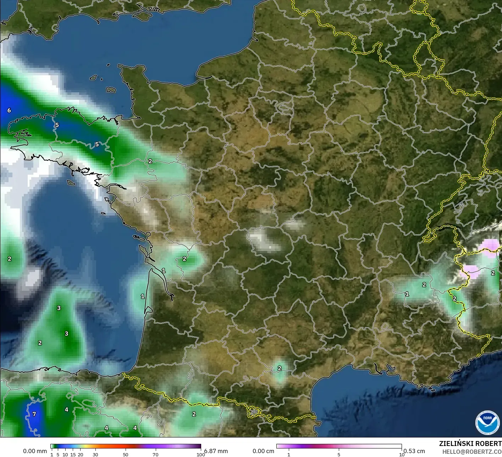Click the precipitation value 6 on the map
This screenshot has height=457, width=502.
pyautogui.click(x=9, y=110)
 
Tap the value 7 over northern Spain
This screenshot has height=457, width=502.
pyautogui.click(x=34, y=414)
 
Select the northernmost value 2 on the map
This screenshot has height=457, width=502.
pyautogui.click(x=150, y=161)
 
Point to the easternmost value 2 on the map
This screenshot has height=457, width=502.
pyautogui.click(x=493, y=273)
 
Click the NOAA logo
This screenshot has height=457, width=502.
pyautogui.click(x=487, y=423)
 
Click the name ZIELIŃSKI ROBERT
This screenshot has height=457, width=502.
pyautogui.click(x=470, y=444)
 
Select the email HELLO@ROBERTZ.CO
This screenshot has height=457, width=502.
pyautogui.click(x=472, y=451)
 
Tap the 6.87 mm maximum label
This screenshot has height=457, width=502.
pyautogui.click(x=216, y=451)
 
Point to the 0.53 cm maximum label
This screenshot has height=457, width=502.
pyautogui.click(x=414, y=451)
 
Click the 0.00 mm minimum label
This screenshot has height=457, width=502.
pyautogui.click(x=35, y=451)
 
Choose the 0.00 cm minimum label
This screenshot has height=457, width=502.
pyautogui.click(x=263, y=451)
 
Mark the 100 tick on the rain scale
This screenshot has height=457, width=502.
pyautogui.click(x=201, y=455)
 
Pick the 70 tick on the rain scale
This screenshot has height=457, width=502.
pyautogui.click(x=155, y=455)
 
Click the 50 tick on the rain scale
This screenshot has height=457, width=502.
pyautogui.click(x=126, y=455)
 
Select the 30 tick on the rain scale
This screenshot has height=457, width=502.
pyautogui.click(x=95, y=455)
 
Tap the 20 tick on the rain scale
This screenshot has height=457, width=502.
pyautogui.click(x=81, y=455)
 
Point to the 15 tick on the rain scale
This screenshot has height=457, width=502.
pyautogui.click(x=73, y=455)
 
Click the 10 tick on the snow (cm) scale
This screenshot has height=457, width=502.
pyautogui.click(x=402, y=455)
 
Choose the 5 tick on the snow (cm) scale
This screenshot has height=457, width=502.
pyautogui.click(x=339, y=455)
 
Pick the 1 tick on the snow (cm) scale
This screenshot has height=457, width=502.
pyautogui.click(x=289, y=455)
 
